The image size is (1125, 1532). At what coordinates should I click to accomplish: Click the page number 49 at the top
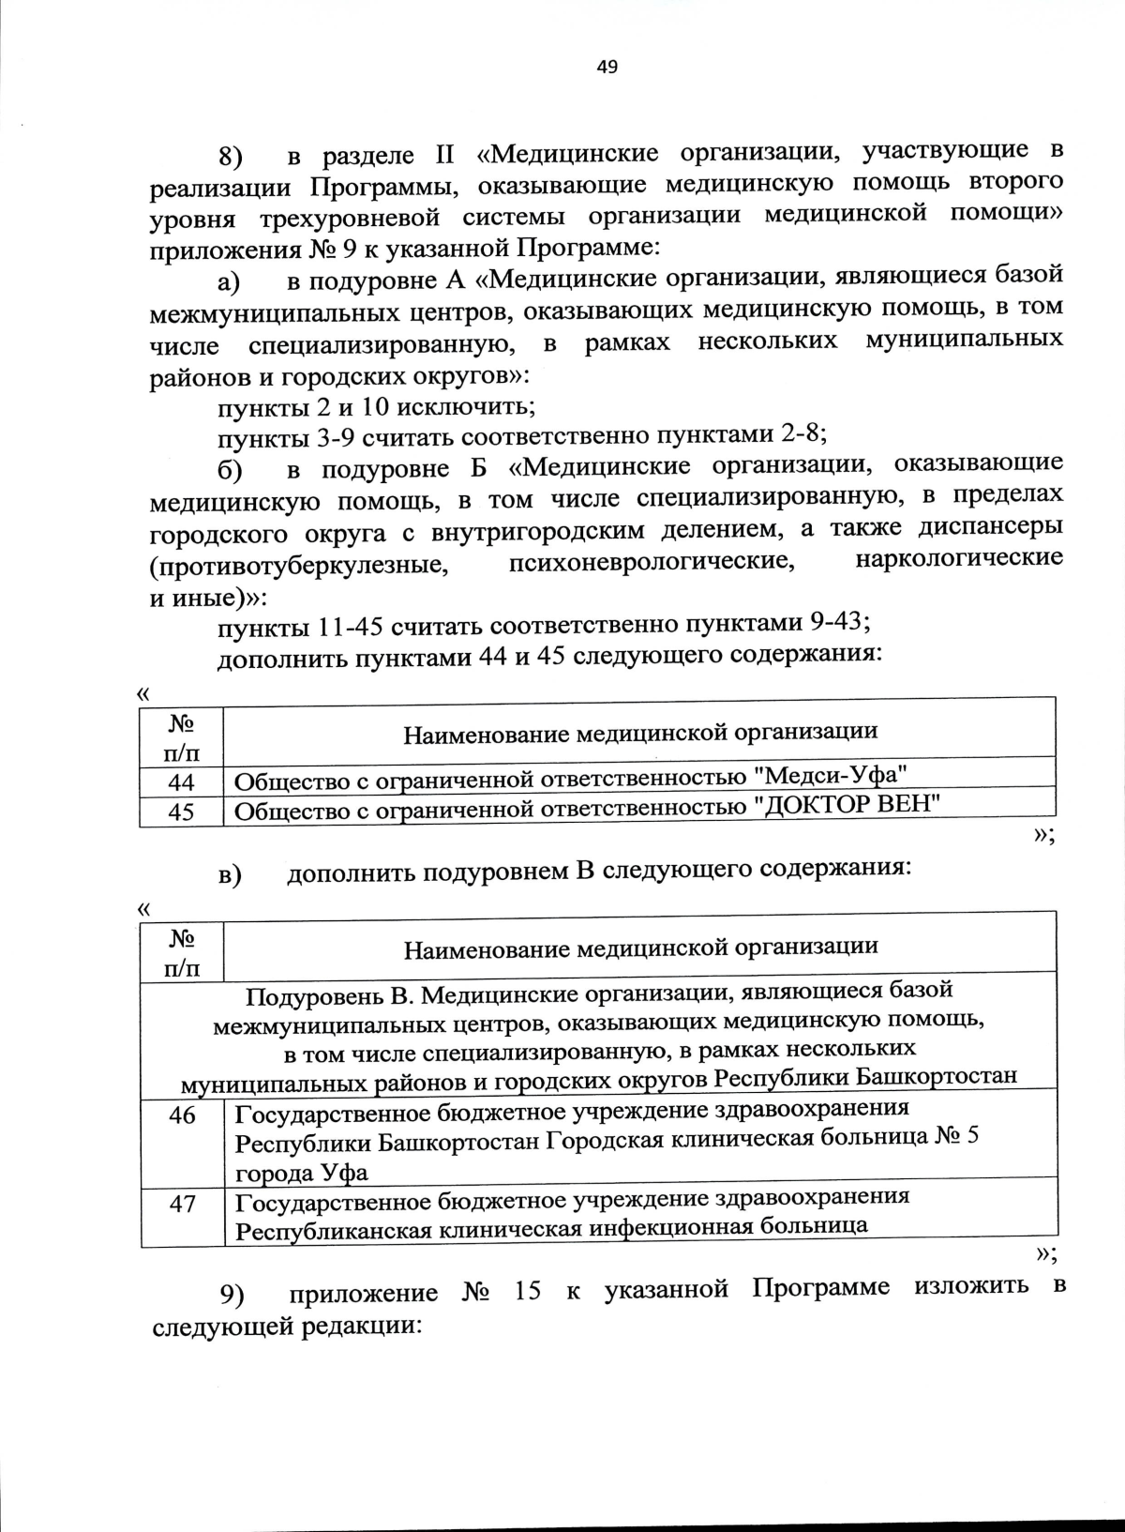point(607,67)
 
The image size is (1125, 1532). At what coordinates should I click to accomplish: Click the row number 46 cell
point(182,1116)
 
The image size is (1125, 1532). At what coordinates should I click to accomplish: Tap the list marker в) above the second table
point(230,874)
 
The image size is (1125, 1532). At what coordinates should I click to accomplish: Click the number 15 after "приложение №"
point(528,1292)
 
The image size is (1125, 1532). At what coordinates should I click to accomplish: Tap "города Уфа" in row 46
point(301,1173)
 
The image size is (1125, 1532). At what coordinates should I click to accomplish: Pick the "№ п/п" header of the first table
point(182,736)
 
